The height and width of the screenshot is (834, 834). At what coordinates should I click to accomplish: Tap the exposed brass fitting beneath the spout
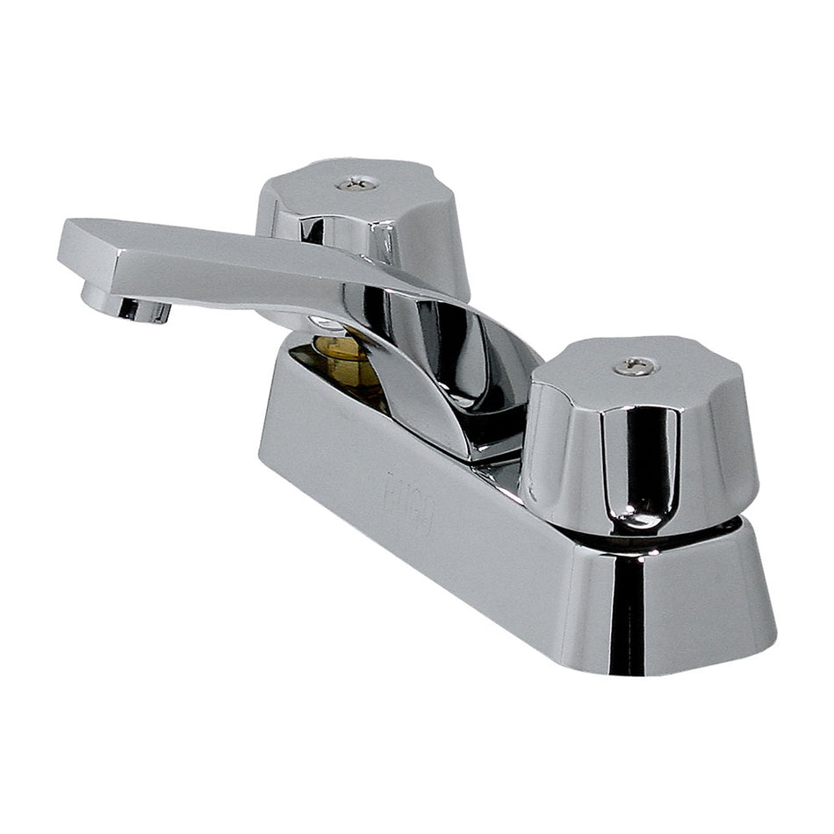(x=347, y=360)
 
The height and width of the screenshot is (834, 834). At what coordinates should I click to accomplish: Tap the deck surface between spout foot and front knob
(x=505, y=474)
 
